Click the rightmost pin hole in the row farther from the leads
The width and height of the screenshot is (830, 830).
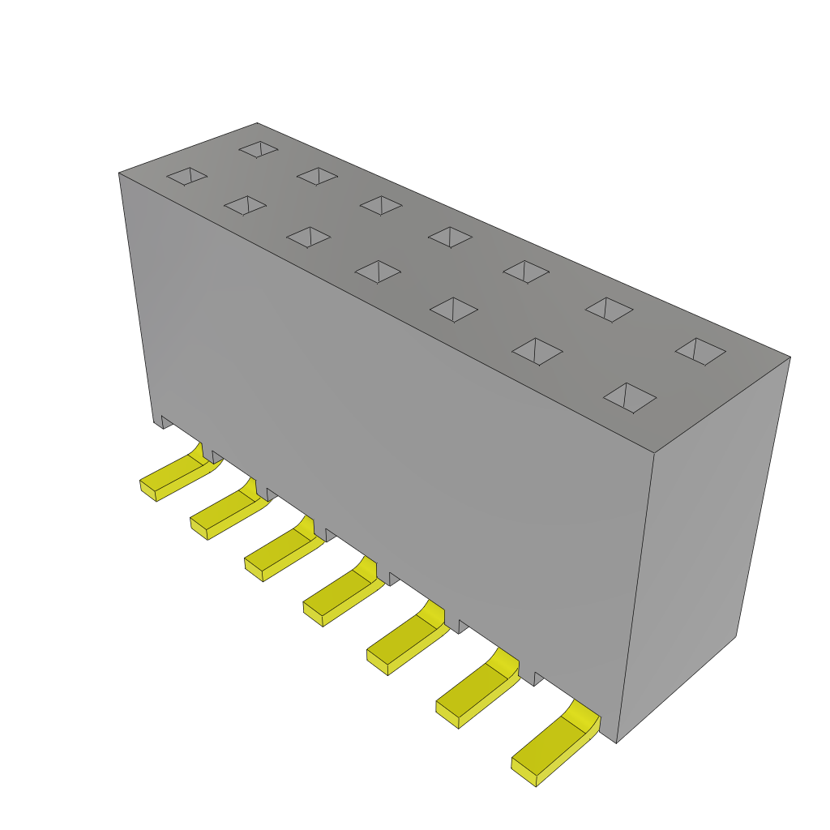(x=700, y=351)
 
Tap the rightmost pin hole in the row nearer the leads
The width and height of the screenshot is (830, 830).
(x=630, y=397)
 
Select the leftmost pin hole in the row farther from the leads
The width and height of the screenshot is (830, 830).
(x=259, y=149)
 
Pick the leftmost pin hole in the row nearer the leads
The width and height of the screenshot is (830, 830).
(x=187, y=176)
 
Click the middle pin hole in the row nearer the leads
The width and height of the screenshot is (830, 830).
(x=378, y=272)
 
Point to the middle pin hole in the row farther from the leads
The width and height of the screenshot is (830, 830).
(x=450, y=237)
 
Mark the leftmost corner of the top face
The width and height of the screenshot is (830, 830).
(x=121, y=173)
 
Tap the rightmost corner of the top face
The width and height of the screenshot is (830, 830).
(x=788, y=357)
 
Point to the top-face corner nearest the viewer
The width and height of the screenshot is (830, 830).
(x=654, y=451)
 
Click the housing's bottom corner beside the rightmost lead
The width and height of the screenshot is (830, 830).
(x=617, y=740)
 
